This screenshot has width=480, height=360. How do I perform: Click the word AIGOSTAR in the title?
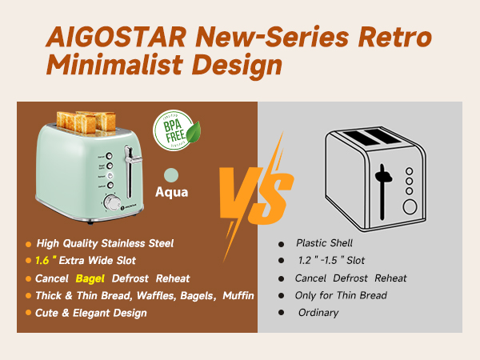118,37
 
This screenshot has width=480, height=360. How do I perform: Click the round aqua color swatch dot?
170,174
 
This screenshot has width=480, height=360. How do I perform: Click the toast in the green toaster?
86,121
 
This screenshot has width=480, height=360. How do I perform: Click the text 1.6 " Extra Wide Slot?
86,261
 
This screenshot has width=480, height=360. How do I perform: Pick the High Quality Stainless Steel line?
104,243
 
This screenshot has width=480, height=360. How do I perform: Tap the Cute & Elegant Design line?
90,313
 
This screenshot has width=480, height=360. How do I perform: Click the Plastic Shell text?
325,243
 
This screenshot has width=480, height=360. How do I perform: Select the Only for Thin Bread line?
341,295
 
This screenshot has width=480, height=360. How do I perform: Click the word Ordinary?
319,313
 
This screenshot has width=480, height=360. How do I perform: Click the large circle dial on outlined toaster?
410,207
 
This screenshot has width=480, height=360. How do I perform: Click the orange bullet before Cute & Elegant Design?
29,313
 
